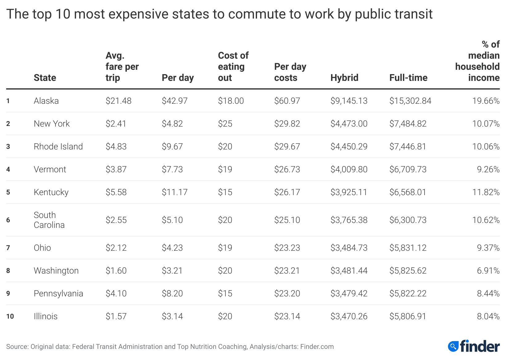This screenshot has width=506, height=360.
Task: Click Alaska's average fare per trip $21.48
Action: tap(118, 101)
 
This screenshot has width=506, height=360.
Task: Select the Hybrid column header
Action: tap(344, 78)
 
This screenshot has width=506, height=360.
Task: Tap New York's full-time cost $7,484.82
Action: tap(408, 124)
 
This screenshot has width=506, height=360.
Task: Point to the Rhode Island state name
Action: tap(58, 147)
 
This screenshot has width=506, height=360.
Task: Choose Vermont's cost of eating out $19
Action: tap(225, 170)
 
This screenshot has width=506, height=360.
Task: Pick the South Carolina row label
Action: tap(49, 220)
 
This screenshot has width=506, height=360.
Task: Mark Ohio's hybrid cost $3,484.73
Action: tap(349, 248)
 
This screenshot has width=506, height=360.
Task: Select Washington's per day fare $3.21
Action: tap(172, 271)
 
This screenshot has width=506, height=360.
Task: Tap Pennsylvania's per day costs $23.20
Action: tap(287, 294)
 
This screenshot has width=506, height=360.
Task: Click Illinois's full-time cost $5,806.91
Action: tap(408, 316)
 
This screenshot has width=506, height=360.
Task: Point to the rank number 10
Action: tap(10, 316)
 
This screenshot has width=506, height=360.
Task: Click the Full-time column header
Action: tap(408, 78)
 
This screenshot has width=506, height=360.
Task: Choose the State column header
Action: tap(45, 78)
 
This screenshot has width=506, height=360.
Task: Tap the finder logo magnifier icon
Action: tap(453, 346)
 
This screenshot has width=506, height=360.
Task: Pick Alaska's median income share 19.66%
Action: tap(486, 101)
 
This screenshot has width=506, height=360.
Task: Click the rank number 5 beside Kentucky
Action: tap(8, 192)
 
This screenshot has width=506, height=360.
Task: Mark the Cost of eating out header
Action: tap(233, 67)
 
